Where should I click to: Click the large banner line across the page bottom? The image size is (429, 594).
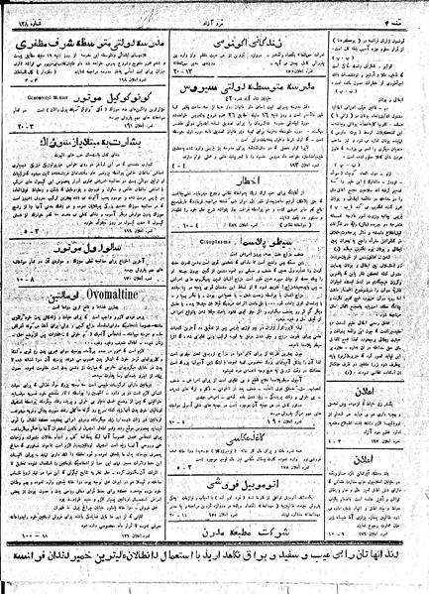click(x=214, y=572)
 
